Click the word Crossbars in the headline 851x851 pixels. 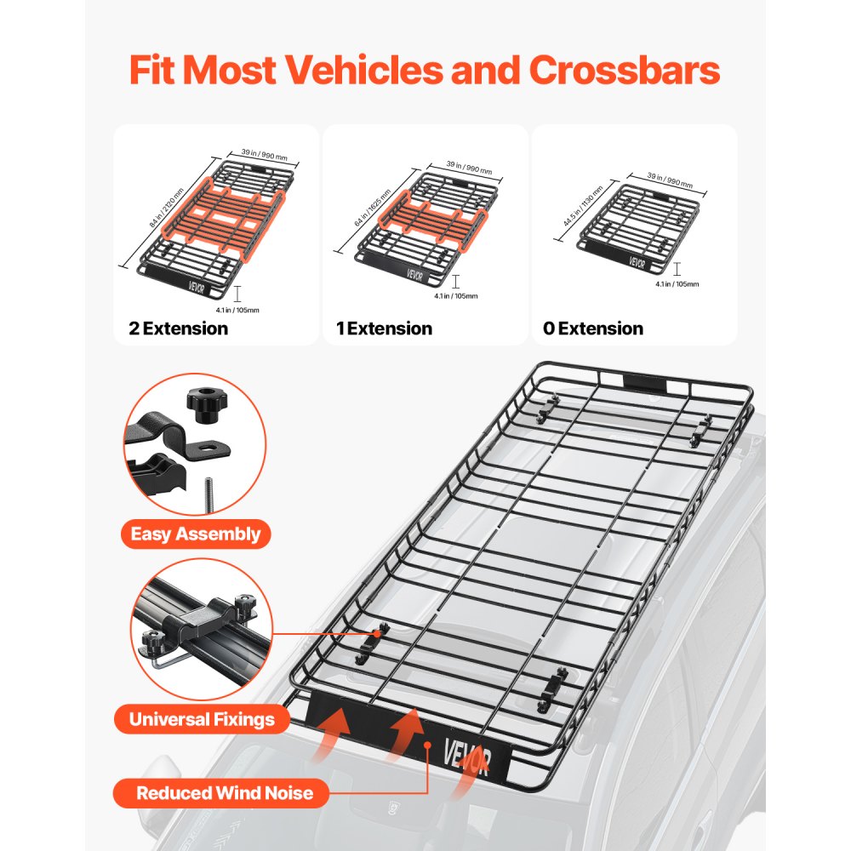coord(624,71)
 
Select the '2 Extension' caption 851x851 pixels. coord(178,328)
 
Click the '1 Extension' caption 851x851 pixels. coord(384,328)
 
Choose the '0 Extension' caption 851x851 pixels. coord(593,328)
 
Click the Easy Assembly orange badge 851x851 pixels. coord(195,534)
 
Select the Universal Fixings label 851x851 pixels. coord(202,720)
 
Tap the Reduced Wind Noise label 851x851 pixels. coord(225,794)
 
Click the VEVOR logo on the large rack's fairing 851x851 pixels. coord(466,754)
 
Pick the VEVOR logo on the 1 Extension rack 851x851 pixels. coord(414,274)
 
